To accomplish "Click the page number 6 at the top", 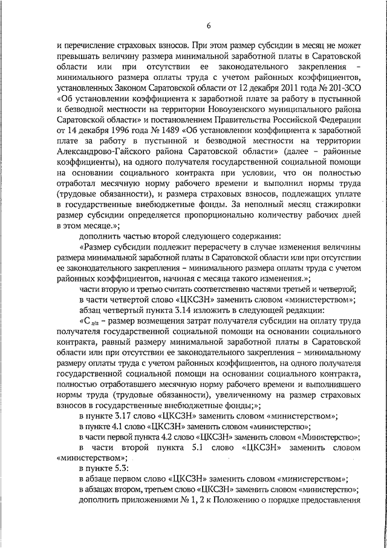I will (209, 25).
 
